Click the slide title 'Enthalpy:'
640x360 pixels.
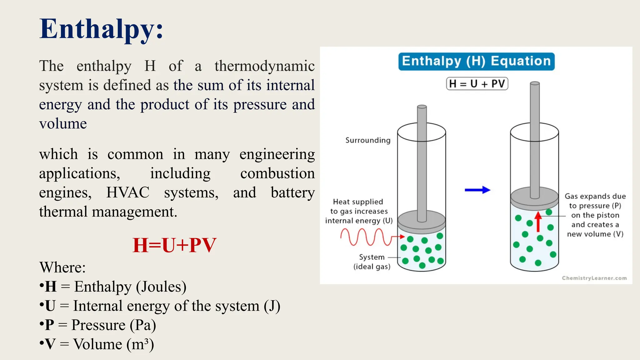pos(101,29)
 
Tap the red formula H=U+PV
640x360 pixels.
pos(174,245)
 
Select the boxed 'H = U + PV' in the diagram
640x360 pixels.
pos(477,84)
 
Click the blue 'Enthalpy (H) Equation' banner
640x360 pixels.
pos(476,61)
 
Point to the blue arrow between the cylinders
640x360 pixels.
pos(477,190)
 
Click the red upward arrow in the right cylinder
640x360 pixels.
pos(538,222)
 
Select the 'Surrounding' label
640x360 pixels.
pos(368,140)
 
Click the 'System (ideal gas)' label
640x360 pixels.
pos(372,262)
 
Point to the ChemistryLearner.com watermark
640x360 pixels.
pos(594,278)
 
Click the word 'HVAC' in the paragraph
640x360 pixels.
pos(128,192)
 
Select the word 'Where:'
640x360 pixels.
pos(62,267)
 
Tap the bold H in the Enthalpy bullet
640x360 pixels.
pos(51,287)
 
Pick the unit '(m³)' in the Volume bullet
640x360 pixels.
pos(140,344)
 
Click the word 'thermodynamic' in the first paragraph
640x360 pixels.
pos(264,66)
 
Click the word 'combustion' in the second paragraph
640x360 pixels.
pos(277,173)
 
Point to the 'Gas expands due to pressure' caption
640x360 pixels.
pos(595,215)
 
